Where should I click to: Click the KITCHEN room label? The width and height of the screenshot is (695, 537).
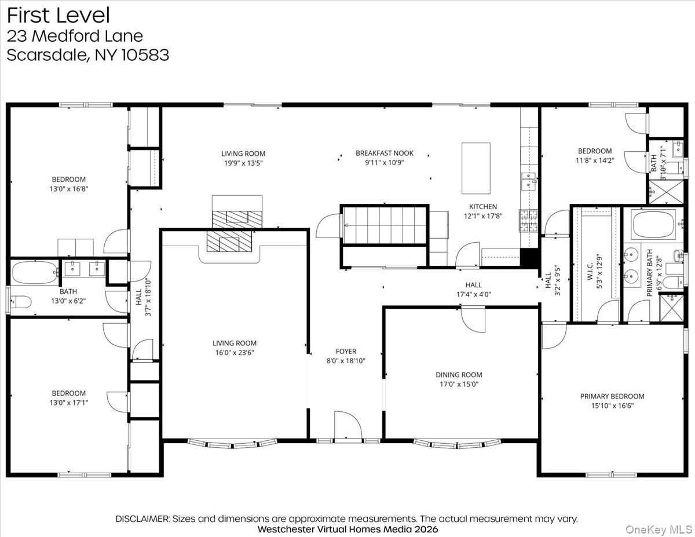pyautogui.click(x=482, y=206)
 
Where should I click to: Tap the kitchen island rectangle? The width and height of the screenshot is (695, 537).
pyautogui.click(x=476, y=168)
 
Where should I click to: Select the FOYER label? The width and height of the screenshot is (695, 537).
pyautogui.click(x=346, y=351)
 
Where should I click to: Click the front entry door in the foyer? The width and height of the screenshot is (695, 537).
pyautogui.click(x=348, y=426)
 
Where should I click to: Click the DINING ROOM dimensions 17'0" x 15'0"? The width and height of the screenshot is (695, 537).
pyautogui.click(x=459, y=384)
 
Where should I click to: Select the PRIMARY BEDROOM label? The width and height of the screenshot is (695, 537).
pyautogui.click(x=612, y=396)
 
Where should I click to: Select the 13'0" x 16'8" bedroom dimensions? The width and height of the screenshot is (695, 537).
pyautogui.click(x=69, y=188)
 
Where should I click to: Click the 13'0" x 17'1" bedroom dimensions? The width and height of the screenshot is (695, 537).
pyautogui.click(x=69, y=402)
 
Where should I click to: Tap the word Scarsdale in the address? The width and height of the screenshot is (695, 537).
pyautogui.click(x=44, y=55)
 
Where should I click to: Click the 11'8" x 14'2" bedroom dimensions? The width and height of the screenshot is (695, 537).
pyautogui.click(x=594, y=160)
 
